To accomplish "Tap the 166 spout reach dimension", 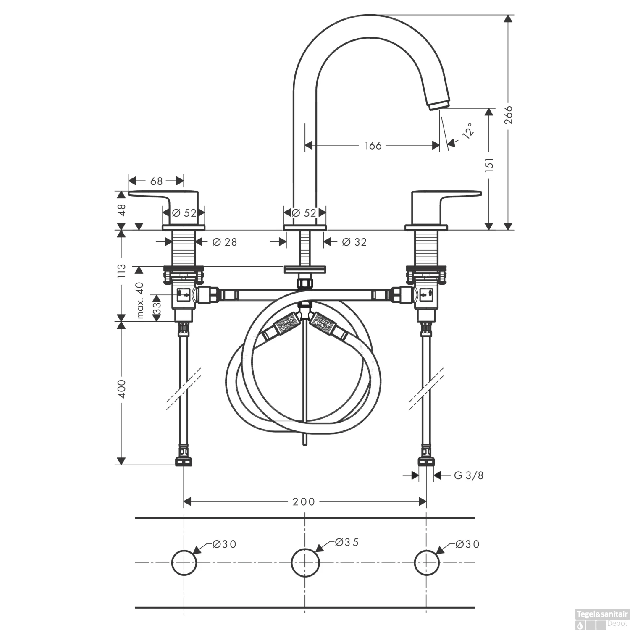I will click(373, 145).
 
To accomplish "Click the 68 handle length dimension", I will click(156, 181).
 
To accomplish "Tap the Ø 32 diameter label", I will click(354, 242).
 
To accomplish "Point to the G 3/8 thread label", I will click(469, 475).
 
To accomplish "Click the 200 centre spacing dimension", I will click(304, 501).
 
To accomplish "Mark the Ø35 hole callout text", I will click(347, 542).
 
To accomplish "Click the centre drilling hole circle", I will click(305, 562).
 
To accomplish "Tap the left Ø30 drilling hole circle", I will click(184, 562).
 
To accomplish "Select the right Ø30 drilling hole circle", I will click(427, 562).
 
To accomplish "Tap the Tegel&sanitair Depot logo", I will click(601, 618).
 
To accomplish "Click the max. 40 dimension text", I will click(140, 300).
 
